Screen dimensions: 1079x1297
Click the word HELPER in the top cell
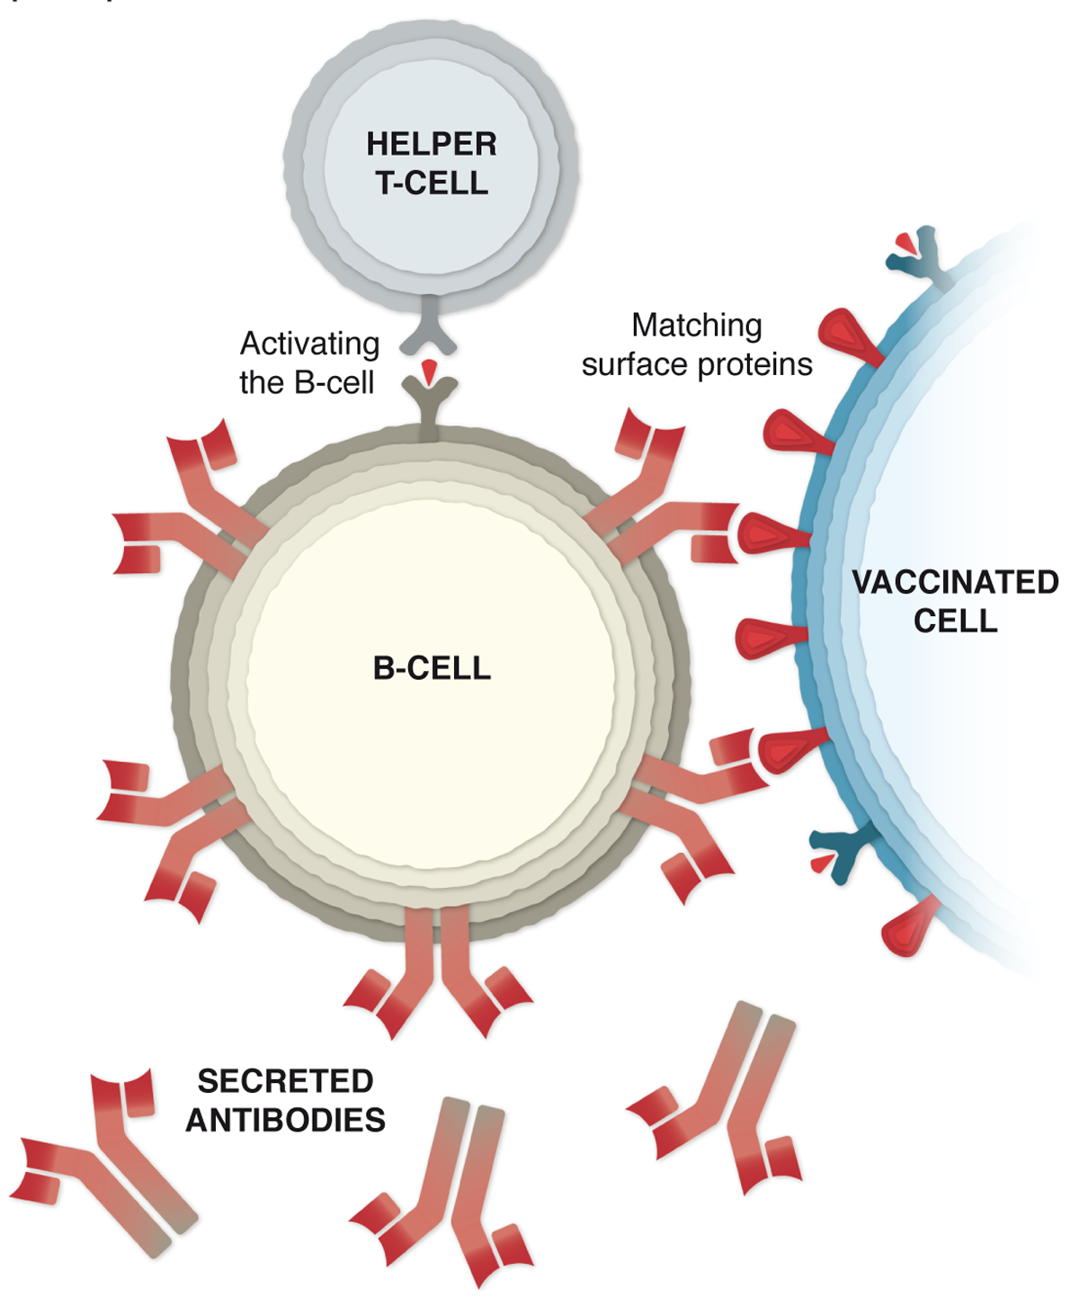(x=431, y=144)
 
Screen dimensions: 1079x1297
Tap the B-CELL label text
(x=432, y=668)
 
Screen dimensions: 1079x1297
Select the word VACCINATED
(x=956, y=583)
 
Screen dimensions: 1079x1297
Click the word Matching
(x=696, y=326)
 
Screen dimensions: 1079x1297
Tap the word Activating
(x=309, y=344)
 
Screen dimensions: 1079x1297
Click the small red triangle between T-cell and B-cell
(x=429, y=371)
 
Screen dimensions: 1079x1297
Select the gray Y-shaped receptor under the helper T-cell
(x=429, y=329)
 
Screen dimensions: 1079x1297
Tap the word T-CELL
(x=431, y=183)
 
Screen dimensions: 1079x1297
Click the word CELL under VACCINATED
(x=956, y=621)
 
